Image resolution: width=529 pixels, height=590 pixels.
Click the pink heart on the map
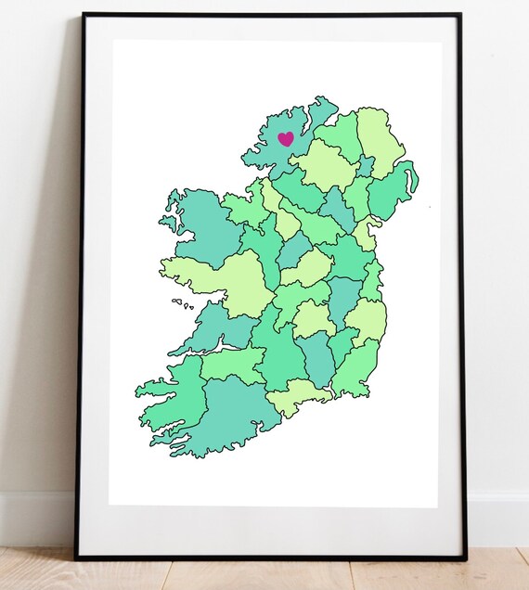[x=286, y=139]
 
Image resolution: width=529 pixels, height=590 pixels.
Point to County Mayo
[x=200, y=227]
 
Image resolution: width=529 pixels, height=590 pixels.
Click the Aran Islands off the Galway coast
[x=181, y=304]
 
